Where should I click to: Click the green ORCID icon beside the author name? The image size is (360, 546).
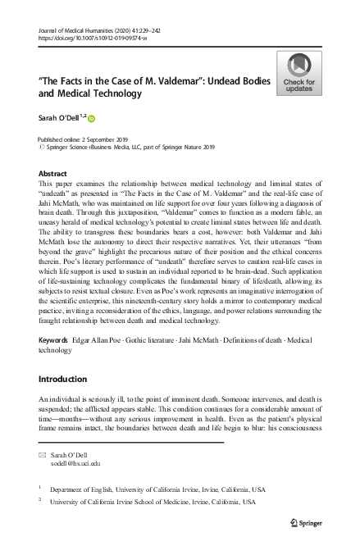(x=92, y=119)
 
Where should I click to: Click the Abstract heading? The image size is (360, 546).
(x=53, y=175)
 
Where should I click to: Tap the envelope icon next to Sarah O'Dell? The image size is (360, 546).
(x=43, y=453)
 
